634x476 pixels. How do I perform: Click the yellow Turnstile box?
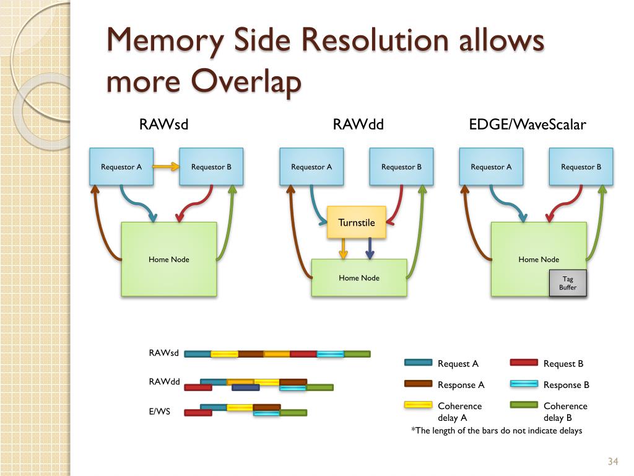point(356,223)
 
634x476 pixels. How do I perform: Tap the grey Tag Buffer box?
point(568,283)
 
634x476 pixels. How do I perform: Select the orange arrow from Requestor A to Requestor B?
point(166,166)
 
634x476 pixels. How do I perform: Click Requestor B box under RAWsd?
point(211,167)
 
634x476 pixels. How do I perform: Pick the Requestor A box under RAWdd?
point(311,167)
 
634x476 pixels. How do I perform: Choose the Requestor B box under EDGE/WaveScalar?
point(581,167)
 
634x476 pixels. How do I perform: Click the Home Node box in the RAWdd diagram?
point(359,278)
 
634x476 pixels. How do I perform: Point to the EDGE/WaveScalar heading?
point(528,124)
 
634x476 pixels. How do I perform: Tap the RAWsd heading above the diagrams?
point(163,124)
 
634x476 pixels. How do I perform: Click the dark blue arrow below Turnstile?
point(370,249)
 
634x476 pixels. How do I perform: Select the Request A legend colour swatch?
point(418,362)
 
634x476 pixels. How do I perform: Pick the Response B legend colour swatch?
point(524,384)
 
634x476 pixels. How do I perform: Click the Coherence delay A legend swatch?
point(418,405)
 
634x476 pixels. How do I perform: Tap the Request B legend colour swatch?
point(524,362)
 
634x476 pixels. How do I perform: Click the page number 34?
point(613,461)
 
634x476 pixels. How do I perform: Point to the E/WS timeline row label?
point(159,412)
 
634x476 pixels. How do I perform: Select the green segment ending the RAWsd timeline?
point(357,354)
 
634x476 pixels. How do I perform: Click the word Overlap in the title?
point(246,81)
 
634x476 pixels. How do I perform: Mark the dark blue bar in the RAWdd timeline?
point(246,388)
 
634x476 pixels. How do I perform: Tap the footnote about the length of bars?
point(497,431)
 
